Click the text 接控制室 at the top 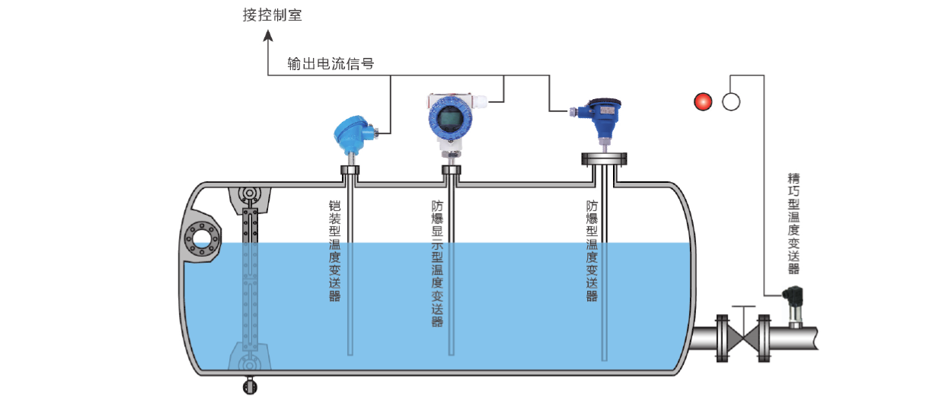tap(273, 14)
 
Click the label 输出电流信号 tap(330, 63)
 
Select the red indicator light tap(702, 101)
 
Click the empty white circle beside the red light tap(731, 101)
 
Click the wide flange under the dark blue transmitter tap(605, 159)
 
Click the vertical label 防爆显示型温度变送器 tap(437, 263)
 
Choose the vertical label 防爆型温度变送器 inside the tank tap(592, 251)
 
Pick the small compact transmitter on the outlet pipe tap(794, 303)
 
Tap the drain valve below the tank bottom tap(249, 386)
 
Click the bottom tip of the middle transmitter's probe tap(451, 353)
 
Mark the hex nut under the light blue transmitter tap(350, 170)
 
